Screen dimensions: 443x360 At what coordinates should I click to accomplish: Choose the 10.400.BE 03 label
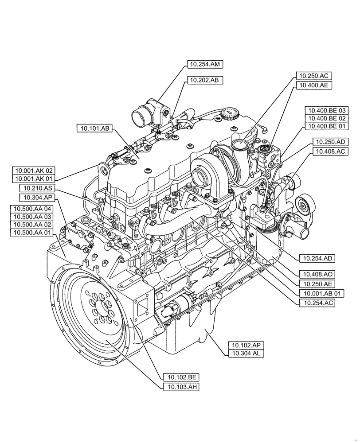coord(327,110)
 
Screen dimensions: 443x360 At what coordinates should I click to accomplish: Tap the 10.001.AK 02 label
coord(34,170)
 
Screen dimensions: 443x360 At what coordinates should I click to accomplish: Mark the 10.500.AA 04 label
coord(33,209)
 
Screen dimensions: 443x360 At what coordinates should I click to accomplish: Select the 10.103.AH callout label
coord(182,387)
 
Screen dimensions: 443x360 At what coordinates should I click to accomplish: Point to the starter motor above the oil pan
coord(177,307)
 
